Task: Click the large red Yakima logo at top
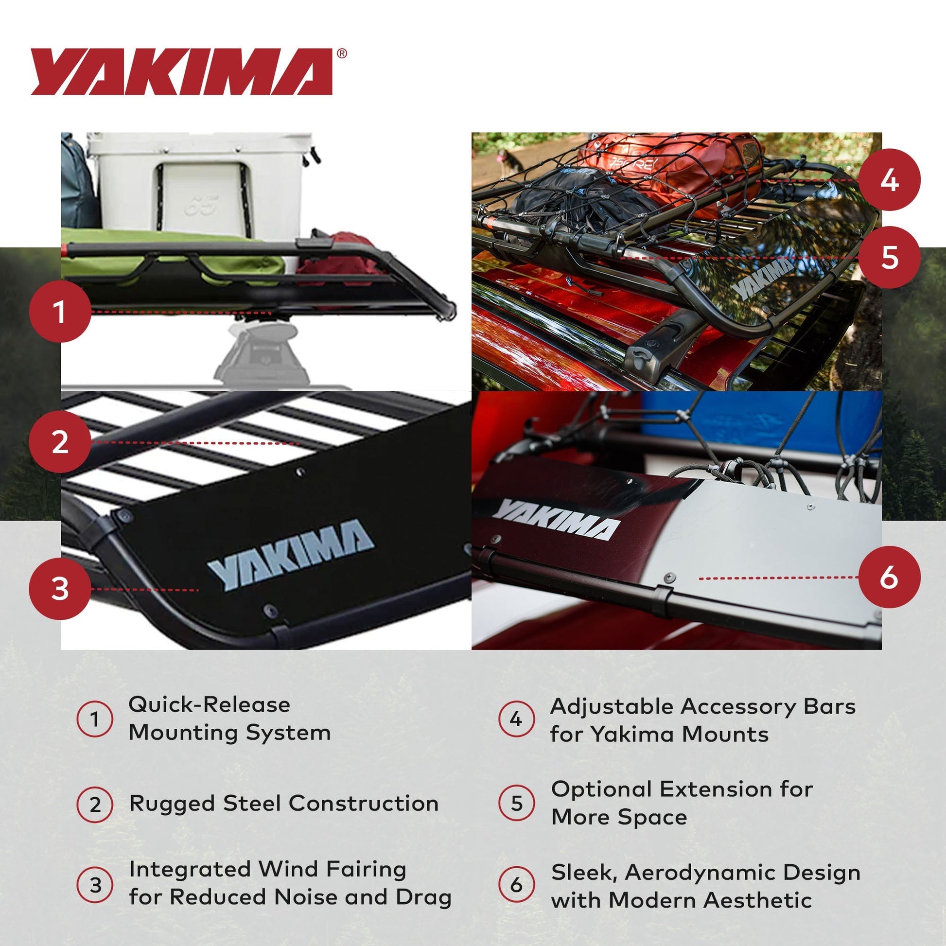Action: pyautogui.click(x=181, y=71)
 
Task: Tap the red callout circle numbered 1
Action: pyautogui.click(x=60, y=312)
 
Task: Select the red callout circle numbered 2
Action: pyautogui.click(x=60, y=442)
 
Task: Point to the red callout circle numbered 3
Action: pyautogui.click(x=60, y=589)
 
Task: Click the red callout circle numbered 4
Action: pyautogui.click(x=889, y=180)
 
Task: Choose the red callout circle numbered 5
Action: pyautogui.click(x=889, y=257)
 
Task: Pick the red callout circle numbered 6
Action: pyautogui.click(x=889, y=578)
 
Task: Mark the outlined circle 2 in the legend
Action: pyautogui.click(x=95, y=804)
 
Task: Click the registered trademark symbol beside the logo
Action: pyautogui.click(x=342, y=53)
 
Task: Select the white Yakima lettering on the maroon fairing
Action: pyautogui.click(x=556, y=520)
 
